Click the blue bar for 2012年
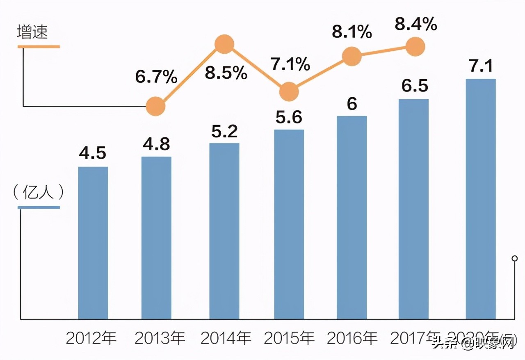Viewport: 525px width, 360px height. click(93, 243)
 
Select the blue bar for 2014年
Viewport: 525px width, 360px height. click(224, 231)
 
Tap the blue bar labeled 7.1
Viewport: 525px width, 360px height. click(481, 199)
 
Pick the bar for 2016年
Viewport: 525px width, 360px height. click(352, 217)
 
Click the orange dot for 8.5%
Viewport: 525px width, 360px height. click(224, 44)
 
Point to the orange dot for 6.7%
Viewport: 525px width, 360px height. click(156, 107)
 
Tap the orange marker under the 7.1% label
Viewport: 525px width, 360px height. click(289, 91)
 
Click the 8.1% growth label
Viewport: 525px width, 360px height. click(352, 32)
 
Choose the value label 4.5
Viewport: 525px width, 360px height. click(93, 153)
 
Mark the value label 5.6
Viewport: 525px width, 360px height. click(289, 118)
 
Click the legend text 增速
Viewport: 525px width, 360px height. click(32, 32)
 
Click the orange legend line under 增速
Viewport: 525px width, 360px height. click(39, 47)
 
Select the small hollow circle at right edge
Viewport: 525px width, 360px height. click(514, 258)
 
